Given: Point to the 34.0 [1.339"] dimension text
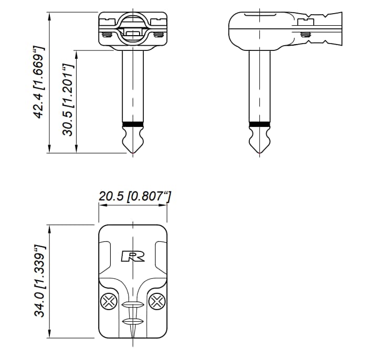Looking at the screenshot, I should [x=39, y=281].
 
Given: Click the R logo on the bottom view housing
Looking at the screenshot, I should [x=133, y=256].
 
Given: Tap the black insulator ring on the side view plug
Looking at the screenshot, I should [x=260, y=124].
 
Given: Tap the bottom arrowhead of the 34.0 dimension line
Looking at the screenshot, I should [x=49, y=336].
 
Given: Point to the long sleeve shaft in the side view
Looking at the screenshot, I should [x=260, y=84].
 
